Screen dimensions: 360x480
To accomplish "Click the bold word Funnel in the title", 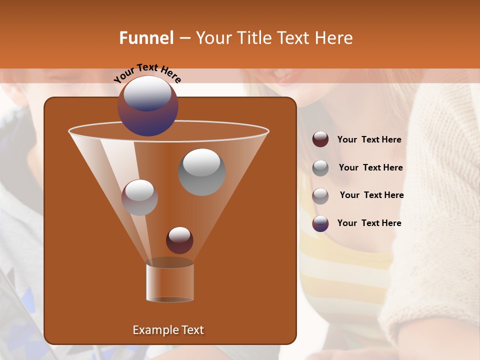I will [146, 38].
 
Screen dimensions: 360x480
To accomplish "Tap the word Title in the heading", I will [253, 38].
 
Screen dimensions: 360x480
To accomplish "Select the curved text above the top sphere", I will [147, 73].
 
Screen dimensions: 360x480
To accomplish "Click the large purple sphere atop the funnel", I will [148, 106].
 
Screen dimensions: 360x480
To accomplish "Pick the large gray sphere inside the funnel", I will [201, 172].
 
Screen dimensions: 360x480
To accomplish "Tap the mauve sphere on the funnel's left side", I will [139, 197].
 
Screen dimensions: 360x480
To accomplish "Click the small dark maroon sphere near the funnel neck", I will [179, 240].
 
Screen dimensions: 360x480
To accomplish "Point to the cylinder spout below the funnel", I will [170, 282].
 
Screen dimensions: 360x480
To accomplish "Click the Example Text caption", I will [168, 330].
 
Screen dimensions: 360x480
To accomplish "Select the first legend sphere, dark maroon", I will [320, 139].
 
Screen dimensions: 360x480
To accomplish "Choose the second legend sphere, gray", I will [320, 168].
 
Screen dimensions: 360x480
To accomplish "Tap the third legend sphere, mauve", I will [320, 195].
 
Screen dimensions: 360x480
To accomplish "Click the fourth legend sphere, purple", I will [320, 223].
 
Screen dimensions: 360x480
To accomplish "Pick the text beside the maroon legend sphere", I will [369, 140].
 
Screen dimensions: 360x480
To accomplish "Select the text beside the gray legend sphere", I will [370, 168].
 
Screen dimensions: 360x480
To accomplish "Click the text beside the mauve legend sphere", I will [371, 195].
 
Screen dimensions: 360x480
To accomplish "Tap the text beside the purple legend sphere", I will [369, 223].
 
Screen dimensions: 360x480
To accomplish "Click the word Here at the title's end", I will [333, 38].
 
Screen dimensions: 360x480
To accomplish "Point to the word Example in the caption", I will [152, 330].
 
